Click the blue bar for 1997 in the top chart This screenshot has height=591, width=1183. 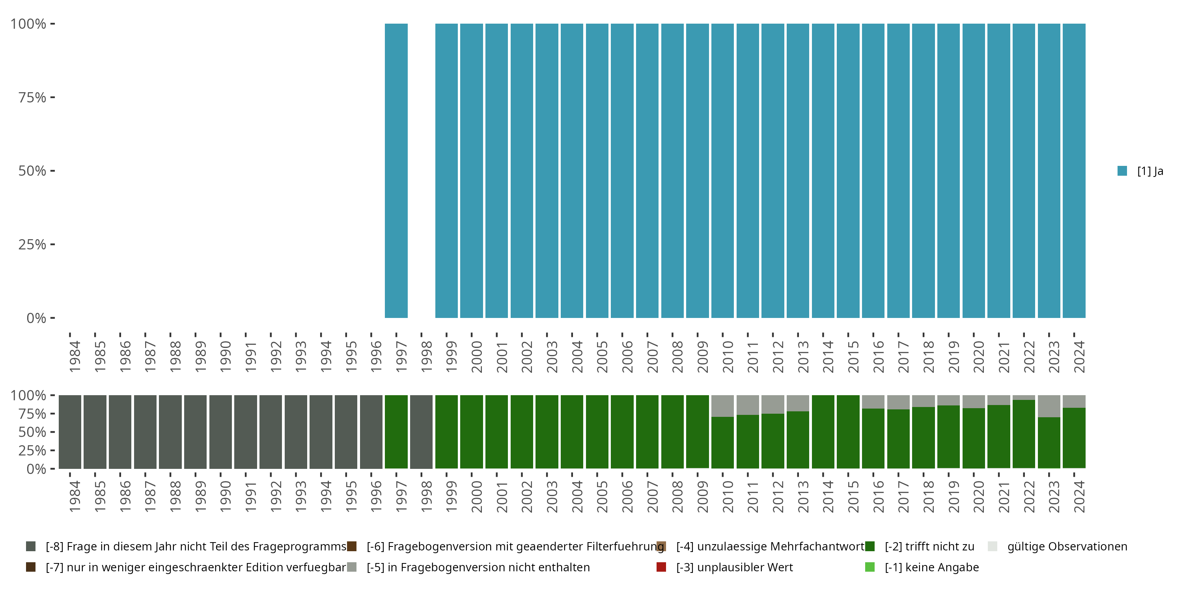pos(396,171)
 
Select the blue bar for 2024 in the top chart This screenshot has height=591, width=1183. pos(1074,171)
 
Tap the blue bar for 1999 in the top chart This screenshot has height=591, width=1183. pos(446,171)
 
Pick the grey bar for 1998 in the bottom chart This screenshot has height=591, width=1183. pos(421,432)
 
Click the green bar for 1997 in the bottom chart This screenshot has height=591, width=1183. pos(396,432)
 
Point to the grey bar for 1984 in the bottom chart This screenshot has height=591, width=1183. pos(70,432)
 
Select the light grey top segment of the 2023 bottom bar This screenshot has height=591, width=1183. pos(1049,406)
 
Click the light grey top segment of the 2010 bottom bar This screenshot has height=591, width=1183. pos(722,406)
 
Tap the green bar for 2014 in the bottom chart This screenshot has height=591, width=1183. pos(823,432)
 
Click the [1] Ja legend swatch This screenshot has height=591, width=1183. pos(1122,171)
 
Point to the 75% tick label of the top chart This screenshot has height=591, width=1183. pos(32,97)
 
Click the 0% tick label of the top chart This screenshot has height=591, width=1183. pos(36,318)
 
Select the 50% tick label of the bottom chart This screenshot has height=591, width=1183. pos(32,432)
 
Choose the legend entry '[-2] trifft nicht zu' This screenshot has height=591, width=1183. pos(929,546)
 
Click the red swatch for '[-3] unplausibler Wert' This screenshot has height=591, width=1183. pos(661,567)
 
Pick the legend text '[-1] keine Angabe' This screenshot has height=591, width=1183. pos(931,567)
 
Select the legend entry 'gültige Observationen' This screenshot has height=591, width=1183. pos(1067,546)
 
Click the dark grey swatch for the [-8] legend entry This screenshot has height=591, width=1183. pos(31,546)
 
